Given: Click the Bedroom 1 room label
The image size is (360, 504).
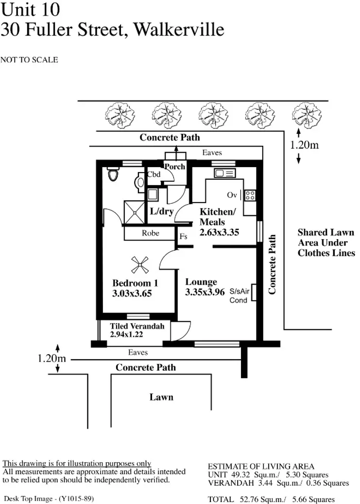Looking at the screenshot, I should click(135, 283).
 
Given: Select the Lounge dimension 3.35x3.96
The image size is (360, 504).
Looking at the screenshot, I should click(205, 292).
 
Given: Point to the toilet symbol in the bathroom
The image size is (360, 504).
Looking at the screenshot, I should click(113, 174).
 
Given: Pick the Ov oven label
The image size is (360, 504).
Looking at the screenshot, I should click(232, 195).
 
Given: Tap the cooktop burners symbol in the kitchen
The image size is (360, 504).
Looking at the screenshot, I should click(250, 195).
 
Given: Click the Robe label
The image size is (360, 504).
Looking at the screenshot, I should click(151, 233).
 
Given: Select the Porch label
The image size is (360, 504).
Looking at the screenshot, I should click(174, 166).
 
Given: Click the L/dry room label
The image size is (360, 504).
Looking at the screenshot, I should click(162, 211).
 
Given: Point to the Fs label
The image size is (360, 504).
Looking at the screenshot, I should click(184, 237).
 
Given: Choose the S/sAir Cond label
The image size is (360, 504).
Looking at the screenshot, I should click(239, 295).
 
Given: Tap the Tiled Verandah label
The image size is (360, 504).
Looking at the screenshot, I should click(137, 326).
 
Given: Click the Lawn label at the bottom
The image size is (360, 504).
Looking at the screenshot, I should click(161, 397).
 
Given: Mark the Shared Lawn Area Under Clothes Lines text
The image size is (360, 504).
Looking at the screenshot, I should click(326, 243).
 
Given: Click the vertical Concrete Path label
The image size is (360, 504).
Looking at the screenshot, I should click(273, 265).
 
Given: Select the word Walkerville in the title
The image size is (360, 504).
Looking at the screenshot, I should click(179, 30).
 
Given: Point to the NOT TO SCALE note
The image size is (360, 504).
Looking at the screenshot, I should click(29, 60).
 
